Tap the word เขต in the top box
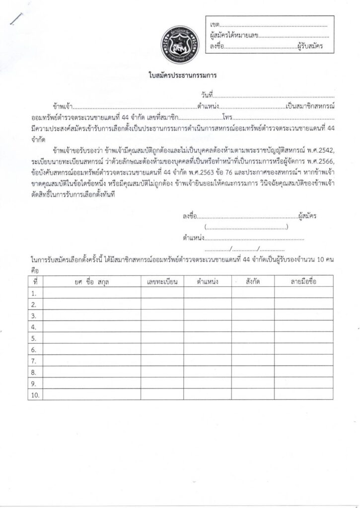(x=215, y=25)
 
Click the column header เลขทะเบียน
(x=162, y=281)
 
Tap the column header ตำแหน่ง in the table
(x=208, y=281)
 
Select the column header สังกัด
(x=253, y=281)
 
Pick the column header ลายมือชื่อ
(x=303, y=281)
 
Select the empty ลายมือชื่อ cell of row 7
(x=303, y=361)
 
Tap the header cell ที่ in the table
(x=35, y=281)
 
